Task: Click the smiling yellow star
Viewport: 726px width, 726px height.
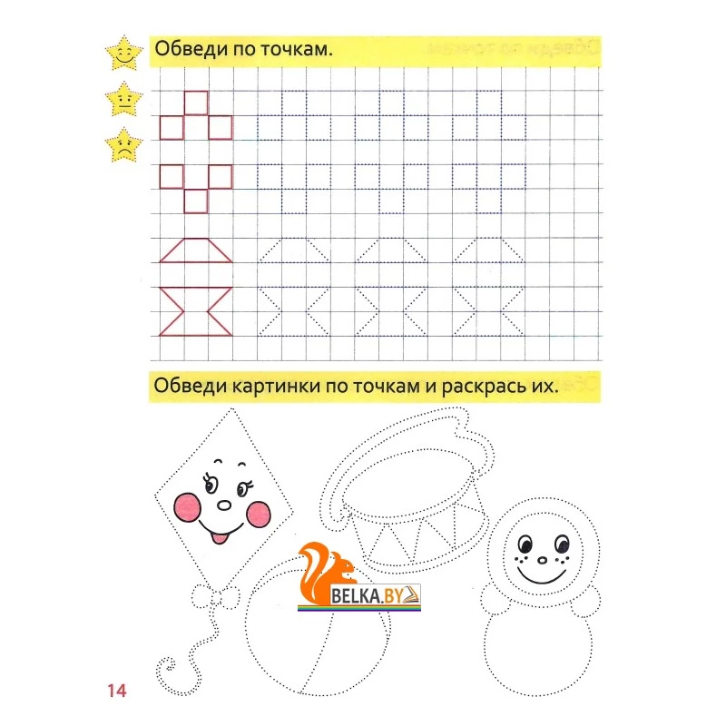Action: [x=123, y=54]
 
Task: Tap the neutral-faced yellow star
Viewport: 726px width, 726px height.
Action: [x=123, y=100]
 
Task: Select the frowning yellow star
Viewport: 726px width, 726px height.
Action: [x=123, y=146]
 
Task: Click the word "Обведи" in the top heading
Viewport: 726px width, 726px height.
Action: [x=191, y=49]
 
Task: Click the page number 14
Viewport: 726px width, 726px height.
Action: [x=117, y=691]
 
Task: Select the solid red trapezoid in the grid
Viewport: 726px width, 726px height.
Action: [x=196, y=250]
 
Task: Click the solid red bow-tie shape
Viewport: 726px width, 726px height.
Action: [x=196, y=311]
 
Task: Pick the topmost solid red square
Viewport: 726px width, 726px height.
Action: [x=196, y=103]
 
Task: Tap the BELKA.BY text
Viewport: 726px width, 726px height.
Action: [x=368, y=596]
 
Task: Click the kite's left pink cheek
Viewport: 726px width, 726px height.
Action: [x=188, y=507]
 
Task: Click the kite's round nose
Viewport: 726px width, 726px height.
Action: [x=224, y=505]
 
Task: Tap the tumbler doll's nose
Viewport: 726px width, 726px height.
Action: [x=542, y=561]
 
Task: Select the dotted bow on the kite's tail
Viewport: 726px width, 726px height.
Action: [x=216, y=597]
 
